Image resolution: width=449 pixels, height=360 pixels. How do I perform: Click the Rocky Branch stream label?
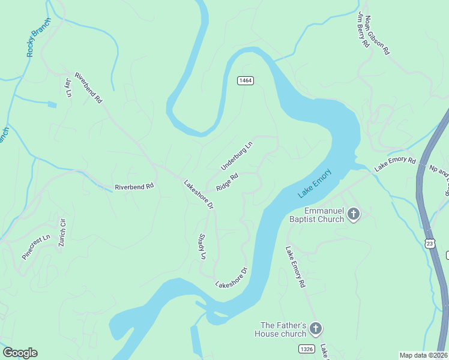pyautogui.click(x=39, y=38)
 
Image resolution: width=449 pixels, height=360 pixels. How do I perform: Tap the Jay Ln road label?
pyautogui.click(x=68, y=87)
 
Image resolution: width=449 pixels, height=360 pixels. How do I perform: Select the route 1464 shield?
pyautogui.click(x=244, y=80)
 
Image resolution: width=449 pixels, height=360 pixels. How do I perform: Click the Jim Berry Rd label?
pyautogui.click(x=363, y=29)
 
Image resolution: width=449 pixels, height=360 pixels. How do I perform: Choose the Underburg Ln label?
pyautogui.click(x=237, y=156)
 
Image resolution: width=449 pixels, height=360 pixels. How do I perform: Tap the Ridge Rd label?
pyautogui.click(x=228, y=182)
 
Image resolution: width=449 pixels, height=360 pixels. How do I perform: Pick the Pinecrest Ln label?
pyautogui.click(x=35, y=247)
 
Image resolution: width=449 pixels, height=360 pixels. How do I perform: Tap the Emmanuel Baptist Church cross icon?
pyautogui.click(x=354, y=214)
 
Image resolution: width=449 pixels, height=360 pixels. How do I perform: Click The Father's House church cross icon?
pyautogui.click(x=316, y=329)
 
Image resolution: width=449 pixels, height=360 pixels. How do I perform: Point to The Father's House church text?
pyautogui.click(x=281, y=329)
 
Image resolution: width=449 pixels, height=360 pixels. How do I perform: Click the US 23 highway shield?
pyautogui.click(x=429, y=243)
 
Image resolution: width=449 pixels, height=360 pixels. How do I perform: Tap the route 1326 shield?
pyautogui.click(x=305, y=349)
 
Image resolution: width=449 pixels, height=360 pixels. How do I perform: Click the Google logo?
pyautogui.click(x=20, y=353)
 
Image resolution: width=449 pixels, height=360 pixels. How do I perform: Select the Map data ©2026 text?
pyautogui.click(x=423, y=355)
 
